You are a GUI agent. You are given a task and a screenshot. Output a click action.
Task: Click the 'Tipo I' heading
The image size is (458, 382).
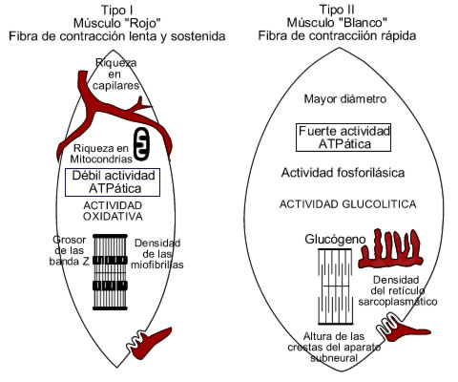point(117,10)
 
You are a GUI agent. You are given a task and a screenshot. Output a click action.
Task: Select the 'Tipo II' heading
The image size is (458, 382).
point(337,10)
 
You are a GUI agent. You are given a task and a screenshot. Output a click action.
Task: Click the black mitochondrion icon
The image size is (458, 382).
point(141,144)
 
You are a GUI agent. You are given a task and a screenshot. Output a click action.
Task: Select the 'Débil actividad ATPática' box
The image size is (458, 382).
point(113,182)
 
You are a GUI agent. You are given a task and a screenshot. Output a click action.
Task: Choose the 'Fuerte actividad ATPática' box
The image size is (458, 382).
point(343,138)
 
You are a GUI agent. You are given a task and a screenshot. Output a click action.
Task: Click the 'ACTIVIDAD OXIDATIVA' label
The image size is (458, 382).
point(113,211)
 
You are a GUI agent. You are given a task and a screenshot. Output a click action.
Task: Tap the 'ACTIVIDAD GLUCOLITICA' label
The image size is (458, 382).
point(348,204)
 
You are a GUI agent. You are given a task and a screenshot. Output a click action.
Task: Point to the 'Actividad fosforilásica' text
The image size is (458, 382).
point(343,173)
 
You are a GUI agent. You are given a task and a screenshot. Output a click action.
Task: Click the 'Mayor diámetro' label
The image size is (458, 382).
point(345,99)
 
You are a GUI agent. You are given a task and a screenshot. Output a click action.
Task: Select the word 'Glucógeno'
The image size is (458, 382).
point(335,239)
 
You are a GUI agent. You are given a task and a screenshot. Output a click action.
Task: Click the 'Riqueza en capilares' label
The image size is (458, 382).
point(116,74)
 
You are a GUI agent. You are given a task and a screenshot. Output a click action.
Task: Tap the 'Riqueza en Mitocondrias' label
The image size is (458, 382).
point(101,154)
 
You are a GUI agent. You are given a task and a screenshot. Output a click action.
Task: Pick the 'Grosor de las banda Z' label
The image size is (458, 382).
point(70,250)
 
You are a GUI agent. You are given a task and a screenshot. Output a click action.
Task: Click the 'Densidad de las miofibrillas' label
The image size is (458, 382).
point(157,254)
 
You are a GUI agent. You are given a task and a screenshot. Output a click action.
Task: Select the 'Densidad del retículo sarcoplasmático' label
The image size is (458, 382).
point(398,290)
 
